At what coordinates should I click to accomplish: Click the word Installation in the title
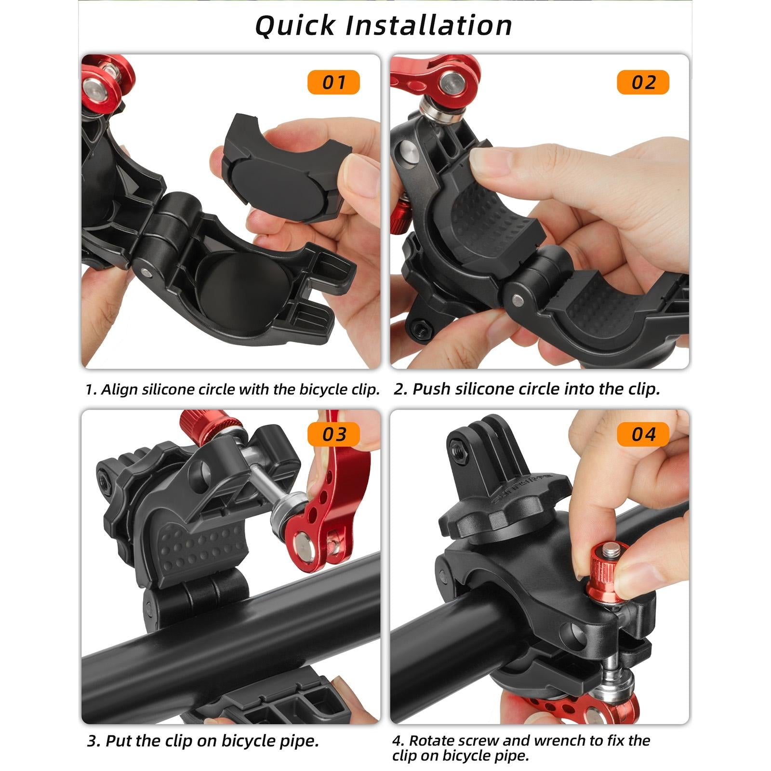point(428,26)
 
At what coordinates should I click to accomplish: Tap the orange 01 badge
point(333,82)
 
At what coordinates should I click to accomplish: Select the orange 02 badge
point(643,82)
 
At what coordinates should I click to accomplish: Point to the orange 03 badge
point(333,434)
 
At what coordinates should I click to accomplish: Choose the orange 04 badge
point(643,434)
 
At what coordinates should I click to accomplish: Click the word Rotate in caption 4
point(432,740)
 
